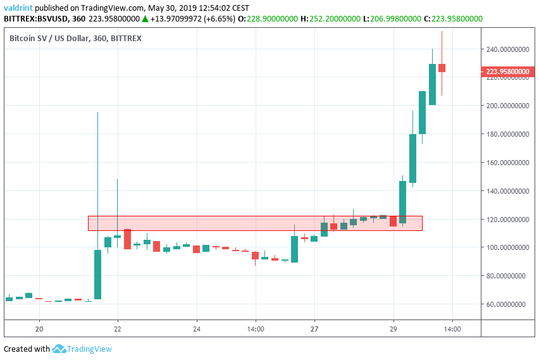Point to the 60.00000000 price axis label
[x=507, y=304]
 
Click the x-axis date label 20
[x=39, y=329]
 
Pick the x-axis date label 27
[x=314, y=329]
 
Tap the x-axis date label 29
[x=393, y=329]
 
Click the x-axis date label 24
[x=197, y=329]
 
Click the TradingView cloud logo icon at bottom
[x=59, y=349]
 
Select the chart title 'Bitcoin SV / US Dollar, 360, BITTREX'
[x=75, y=39]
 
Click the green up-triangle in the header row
[x=146, y=19]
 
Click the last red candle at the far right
[x=442, y=68]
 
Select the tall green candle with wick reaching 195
[x=97, y=273]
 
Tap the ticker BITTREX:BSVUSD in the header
[x=35, y=19]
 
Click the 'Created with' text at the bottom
[x=27, y=349]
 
